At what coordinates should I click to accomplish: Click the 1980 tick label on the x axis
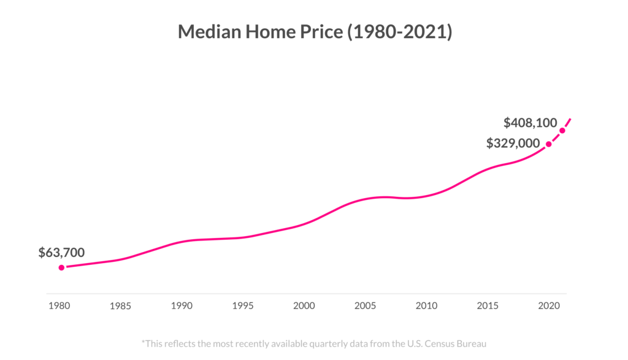(60, 305)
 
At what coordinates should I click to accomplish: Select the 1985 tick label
(121, 305)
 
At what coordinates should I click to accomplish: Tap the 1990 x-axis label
(182, 305)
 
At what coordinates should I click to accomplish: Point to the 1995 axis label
(243, 305)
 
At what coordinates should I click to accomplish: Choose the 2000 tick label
(304, 305)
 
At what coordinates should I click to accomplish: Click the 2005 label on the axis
(366, 305)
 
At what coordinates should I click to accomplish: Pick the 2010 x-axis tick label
(426, 305)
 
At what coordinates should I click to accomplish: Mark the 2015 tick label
(488, 305)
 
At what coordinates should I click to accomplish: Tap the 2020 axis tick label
(548, 305)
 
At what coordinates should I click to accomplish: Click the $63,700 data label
(61, 252)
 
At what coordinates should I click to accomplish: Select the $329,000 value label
(513, 144)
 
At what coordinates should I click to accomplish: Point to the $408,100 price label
(530, 123)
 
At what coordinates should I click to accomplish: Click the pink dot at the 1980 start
(61, 267)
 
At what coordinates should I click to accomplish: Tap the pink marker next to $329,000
(549, 144)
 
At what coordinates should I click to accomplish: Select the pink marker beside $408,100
(562, 130)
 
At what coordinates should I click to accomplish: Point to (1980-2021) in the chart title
(399, 32)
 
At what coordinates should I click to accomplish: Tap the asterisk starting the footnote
(144, 342)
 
